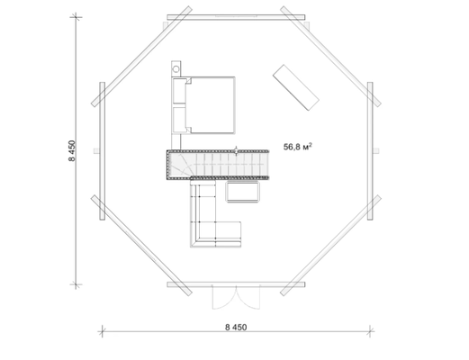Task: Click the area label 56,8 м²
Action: coord(298,147)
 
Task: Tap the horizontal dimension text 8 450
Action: coord(236,327)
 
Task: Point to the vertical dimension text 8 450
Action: coord(72,150)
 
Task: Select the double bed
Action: coord(203,105)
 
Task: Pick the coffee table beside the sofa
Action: coord(243,192)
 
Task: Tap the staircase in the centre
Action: coord(218,165)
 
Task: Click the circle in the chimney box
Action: coord(176,69)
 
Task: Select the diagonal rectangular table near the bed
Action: coord(295,87)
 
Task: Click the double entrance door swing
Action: coord(236,297)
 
